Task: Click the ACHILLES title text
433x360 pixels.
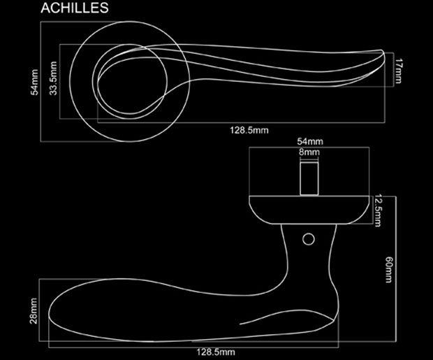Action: pos(75,9)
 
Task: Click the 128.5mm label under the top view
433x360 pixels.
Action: pos(249,129)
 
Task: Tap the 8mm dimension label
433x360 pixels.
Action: pos(309,152)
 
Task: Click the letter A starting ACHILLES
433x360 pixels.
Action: pos(47,9)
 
